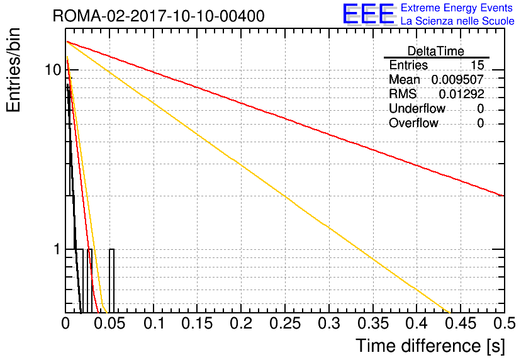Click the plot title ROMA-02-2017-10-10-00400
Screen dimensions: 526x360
pyautogui.click(x=159, y=16)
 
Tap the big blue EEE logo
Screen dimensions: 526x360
pyautogui.click(x=369, y=14)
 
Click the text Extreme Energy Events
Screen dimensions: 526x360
pyautogui.click(x=457, y=8)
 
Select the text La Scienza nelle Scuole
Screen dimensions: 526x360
pyautogui.click(x=457, y=21)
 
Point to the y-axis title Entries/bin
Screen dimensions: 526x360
pyautogui.click(x=13, y=70)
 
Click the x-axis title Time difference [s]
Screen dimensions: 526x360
pyautogui.click(x=430, y=346)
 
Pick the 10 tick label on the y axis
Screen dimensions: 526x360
pyautogui.click(x=53, y=70)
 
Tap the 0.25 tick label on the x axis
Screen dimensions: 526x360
pyautogui.click(x=285, y=323)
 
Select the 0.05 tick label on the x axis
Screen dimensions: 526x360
pyautogui.click(x=109, y=323)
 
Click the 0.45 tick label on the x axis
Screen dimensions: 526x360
pyautogui.click(x=461, y=323)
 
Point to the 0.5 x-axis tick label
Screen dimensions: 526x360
pyautogui.click(x=504, y=323)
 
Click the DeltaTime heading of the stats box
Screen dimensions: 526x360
pyautogui.click(x=436, y=51)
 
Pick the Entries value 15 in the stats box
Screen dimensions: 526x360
pyautogui.click(x=477, y=65)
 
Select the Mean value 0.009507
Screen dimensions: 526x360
pyautogui.click(x=457, y=79)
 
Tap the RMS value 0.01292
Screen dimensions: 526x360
pyautogui.click(x=461, y=94)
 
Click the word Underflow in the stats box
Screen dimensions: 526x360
pyautogui.click(x=417, y=108)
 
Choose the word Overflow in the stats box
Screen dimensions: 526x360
pyautogui.click(x=413, y=123)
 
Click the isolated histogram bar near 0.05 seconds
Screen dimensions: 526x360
pyautogui.click(x=112, y=281)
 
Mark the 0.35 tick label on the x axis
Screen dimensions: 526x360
pyautogui.click(x=372, y=323)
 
